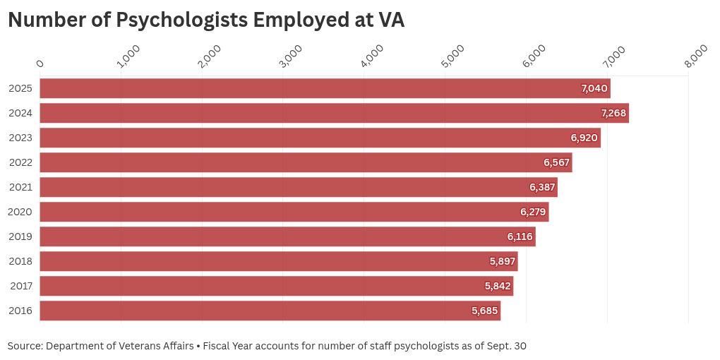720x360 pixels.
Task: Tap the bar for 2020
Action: [x=294, y=212]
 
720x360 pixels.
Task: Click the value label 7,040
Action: [x=594, y=88]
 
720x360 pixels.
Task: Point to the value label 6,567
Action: [x=556, y=162]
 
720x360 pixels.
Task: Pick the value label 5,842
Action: [x=498, y=286]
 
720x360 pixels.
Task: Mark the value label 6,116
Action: [x=520, y=236]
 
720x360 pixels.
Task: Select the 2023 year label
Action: [x=20, y=138]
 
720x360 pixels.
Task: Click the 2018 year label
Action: [x=20, y=261]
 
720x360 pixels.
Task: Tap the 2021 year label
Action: [x=20, y=187]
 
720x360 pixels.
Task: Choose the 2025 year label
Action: [x=20, y=88]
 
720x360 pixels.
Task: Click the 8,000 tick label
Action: [x=696, y=56]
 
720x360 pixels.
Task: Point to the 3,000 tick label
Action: [x=290, y=56]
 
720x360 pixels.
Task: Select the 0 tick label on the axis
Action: [x=40, y=64]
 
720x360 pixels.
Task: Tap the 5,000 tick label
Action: [x=452, y=56]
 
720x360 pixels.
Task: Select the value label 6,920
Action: [x=584, y=138]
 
